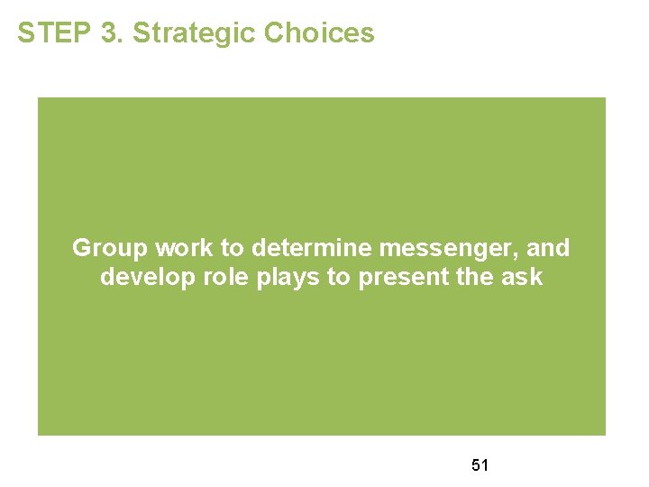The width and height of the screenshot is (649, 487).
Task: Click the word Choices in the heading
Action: [319, 33]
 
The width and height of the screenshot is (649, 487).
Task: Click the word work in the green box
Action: [178, 248]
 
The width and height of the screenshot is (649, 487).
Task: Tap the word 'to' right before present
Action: [339, 277]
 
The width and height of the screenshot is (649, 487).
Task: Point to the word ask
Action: [524, 277]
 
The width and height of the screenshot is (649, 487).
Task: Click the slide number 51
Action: [480, 465]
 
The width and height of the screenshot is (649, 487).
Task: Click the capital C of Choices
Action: [274, 33]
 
